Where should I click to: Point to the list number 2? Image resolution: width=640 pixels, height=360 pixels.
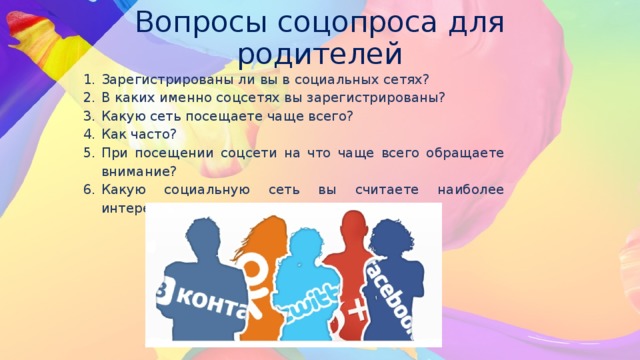pyautogui.click(x=89, y=98)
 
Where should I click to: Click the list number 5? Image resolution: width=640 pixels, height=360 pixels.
pyautogui.click(x=89, y=152)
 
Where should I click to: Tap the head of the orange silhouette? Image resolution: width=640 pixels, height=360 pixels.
pyautogui.click(x=263, y=229)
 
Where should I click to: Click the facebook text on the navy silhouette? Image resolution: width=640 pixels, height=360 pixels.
pyautogui.click(x=392, y=296)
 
